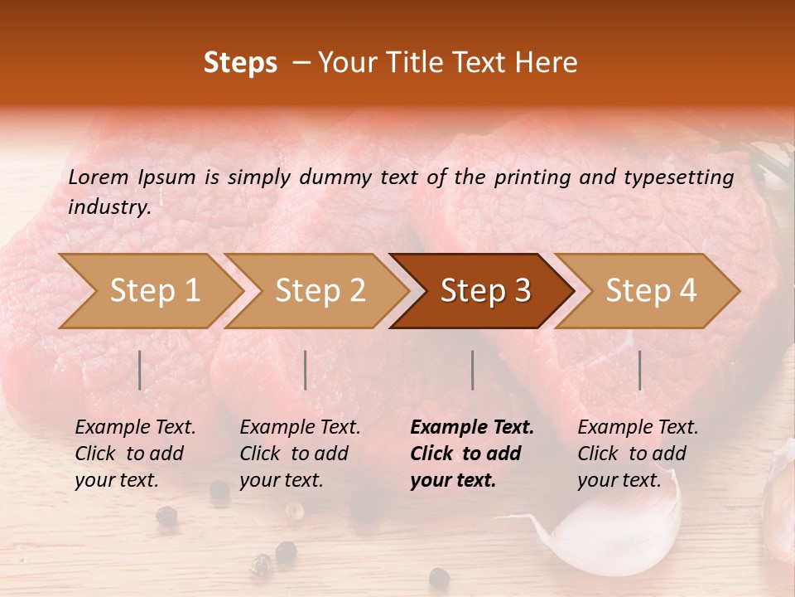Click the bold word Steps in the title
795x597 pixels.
(x=240, y=64)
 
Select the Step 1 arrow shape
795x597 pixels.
(x=149, y=291)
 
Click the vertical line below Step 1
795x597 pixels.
(x=140, y=370)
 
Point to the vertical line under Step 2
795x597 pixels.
(x=306, y=370)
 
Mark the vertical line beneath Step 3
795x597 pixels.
(x=473, y=370)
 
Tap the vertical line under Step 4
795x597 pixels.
(x=640, y=370)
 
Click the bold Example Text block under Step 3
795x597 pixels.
(x=472, y=454)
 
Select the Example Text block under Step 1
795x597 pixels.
(x=135, y=454)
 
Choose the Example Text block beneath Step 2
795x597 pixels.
(x=300, y=454)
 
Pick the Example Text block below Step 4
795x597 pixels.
(x=638, y=454)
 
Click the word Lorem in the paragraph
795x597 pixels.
(x=98, y=177)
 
